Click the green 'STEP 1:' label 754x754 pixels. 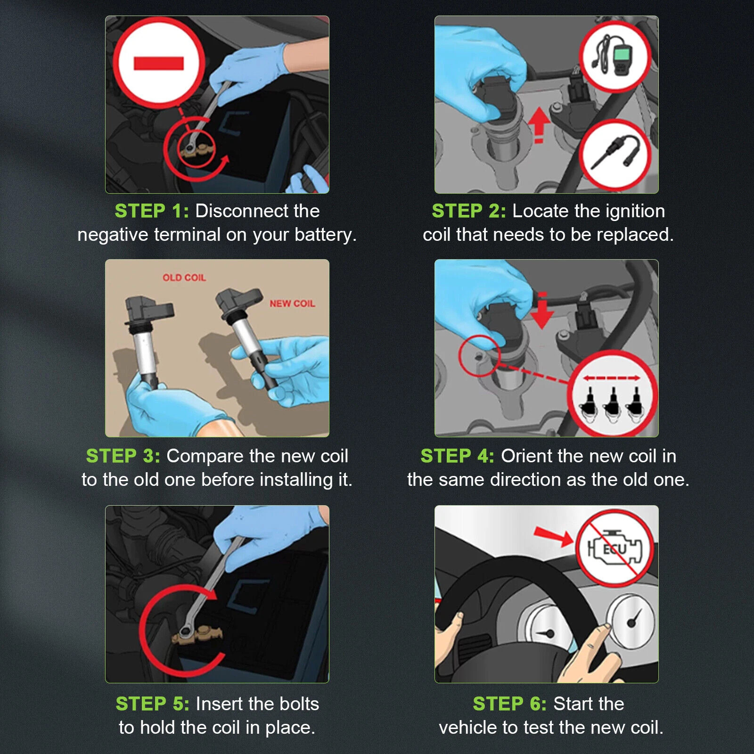pyautogui.click(x=152, y=211)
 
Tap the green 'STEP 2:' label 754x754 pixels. pyautogui.click(x=469, y=211)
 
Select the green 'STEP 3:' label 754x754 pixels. pyautogui.click(x=123, y=456)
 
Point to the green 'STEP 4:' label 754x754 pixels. pyautogui.click(x=457, y=456)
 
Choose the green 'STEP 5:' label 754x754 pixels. pyautogui.click(x=153, y=704)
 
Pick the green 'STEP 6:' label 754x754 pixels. pyautogui.click(x=510, y=704)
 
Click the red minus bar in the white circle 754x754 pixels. pyautogui.click(x=159, y=63)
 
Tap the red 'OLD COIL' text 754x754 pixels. pyautogui.click(x=184, y=278)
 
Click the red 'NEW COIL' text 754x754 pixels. pyautogui.click(x=292, y=303)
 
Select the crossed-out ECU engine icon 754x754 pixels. pyautogui.click(x=615, y=549)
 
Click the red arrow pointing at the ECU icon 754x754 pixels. pyautogui.click(x=553, y=536)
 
